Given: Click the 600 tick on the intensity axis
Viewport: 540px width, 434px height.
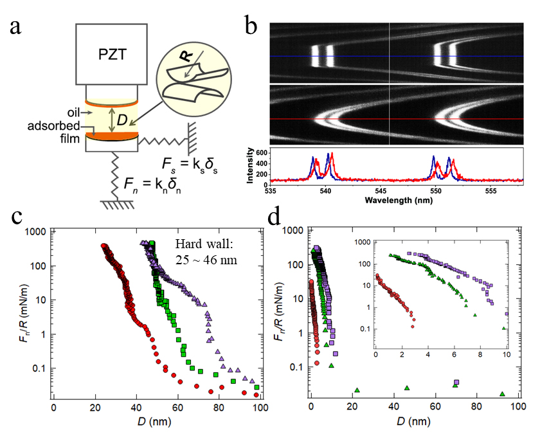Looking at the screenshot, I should pos(262,152).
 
